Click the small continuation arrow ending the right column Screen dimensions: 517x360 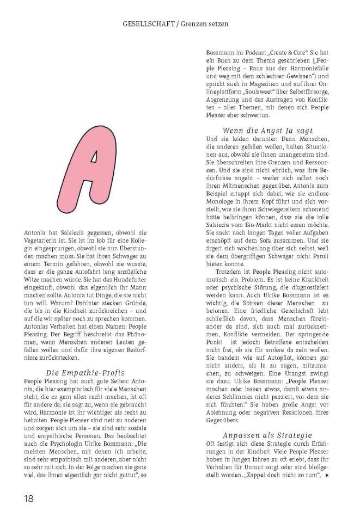pos(327,475)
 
